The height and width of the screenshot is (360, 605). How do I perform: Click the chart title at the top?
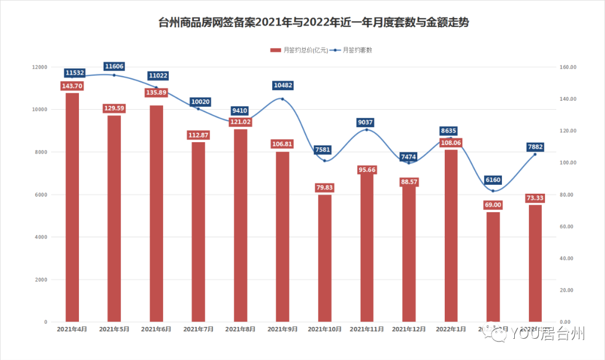314,23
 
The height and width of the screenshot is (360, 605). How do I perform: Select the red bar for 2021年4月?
72,207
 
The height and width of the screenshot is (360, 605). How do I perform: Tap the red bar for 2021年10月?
325,258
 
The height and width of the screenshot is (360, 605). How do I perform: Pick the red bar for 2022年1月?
452,235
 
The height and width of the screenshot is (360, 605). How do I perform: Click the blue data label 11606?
114,67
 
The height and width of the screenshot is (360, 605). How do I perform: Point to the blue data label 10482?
283,85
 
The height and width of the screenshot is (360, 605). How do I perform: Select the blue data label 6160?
493,180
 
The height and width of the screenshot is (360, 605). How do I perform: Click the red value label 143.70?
72,86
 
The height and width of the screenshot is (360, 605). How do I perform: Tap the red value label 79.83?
325,188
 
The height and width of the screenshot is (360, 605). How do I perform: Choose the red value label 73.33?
536,198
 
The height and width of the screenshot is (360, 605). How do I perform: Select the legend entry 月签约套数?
353,50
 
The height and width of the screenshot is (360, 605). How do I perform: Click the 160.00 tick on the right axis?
569,67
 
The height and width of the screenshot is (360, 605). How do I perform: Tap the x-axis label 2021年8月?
240,329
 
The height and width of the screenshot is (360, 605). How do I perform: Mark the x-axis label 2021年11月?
367,329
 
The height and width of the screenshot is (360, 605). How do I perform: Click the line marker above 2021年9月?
282,99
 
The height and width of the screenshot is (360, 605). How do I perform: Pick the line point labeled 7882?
535,154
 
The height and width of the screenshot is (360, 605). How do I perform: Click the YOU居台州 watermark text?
547,334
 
